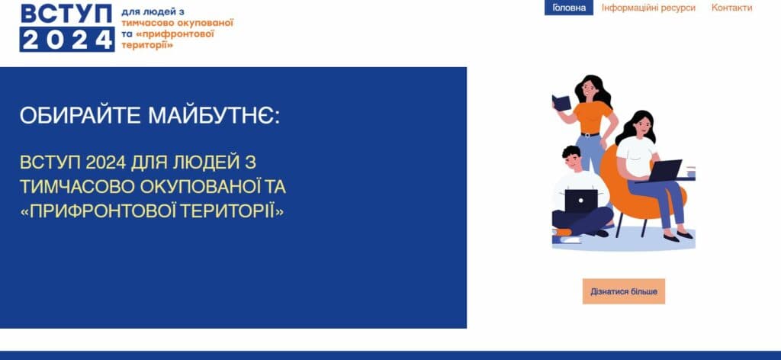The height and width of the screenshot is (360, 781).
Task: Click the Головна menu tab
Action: click(568, 8)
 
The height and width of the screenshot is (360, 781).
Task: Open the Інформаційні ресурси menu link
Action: click(648, 8)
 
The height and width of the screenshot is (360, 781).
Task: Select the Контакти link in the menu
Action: click(731, 8)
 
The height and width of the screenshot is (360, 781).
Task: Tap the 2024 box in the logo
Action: click(66, 40)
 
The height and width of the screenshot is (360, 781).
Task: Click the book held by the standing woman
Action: click(561, 103)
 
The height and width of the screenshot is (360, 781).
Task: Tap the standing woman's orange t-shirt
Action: click(593, 118)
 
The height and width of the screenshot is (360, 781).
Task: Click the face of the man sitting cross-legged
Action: click(570, 161)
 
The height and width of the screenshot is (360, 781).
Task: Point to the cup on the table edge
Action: click(690, 172)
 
